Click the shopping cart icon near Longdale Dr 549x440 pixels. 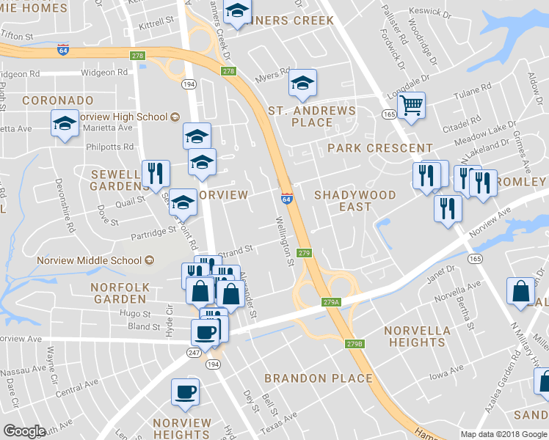point(412,106)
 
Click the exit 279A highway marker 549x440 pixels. point(331,301)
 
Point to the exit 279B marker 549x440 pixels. point(354,343)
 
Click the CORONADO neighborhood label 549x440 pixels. point(58,100)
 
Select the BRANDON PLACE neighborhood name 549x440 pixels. point(319,378)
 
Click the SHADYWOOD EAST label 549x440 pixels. point(355,201)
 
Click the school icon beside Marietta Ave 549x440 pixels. point(65,122)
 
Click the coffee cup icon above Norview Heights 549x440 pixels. point(185,391)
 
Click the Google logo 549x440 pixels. point(24,431)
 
